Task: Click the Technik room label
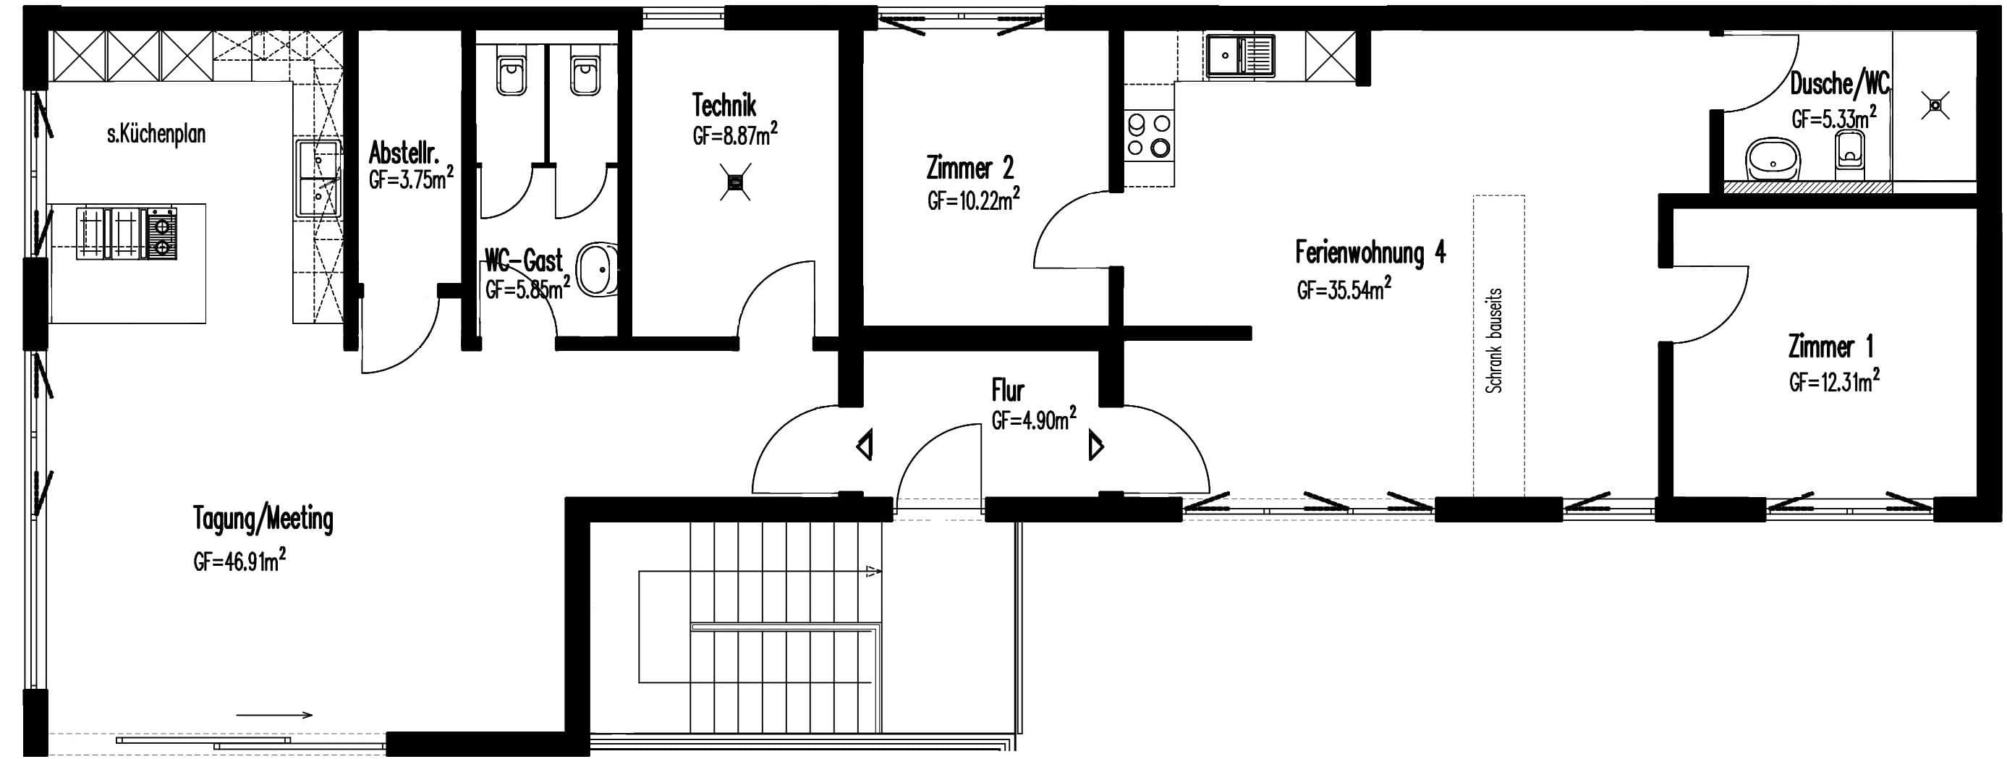724,105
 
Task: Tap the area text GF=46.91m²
240,559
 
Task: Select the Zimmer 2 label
970,168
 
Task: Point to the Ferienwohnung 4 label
1370,253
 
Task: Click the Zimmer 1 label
1830,347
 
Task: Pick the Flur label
1007,390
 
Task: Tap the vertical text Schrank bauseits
1493,341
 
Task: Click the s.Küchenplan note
156,134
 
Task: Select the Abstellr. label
404,152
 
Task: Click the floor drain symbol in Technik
734,182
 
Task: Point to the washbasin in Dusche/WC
1773,161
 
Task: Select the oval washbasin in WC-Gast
600,270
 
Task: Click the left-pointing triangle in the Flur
865,446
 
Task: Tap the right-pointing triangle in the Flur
1096,446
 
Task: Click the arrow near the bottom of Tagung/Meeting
273,715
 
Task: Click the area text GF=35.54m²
1344,289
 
